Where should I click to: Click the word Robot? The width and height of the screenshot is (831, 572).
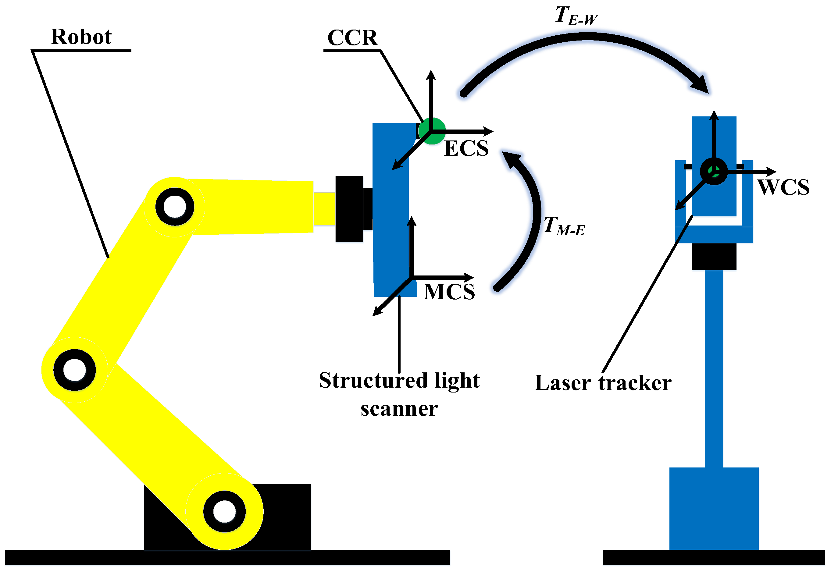tap(81, 37)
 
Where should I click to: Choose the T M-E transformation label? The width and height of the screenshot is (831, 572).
tap(564, 226)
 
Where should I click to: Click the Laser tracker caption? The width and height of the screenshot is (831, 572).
tap(603, 383)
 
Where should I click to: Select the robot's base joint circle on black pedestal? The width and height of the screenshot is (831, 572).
tap(224, 511)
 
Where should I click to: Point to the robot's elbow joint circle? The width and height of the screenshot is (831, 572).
tap(75, 370)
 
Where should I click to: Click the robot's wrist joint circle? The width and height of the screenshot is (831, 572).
tap(175, 207)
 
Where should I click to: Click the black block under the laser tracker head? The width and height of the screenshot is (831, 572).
tap(713, 256)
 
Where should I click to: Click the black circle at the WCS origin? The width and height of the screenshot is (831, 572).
tap(713, 171)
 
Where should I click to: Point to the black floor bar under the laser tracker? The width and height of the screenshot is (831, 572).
tap(713, 557)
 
